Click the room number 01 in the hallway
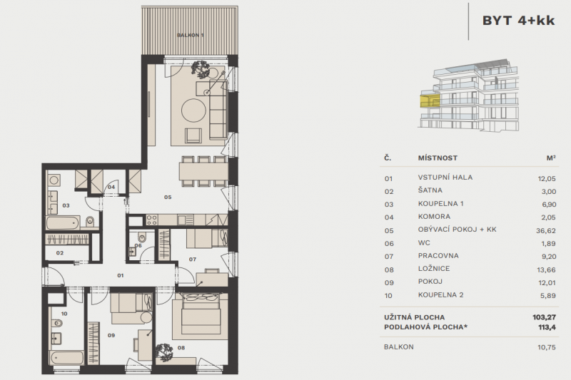point(121,274)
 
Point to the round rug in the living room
point(193,111)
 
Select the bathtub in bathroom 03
point(65,223)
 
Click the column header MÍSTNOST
point(437,158)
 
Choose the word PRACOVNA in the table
point(438,256)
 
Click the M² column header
point(550,158)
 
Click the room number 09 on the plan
point(110,335)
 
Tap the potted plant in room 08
point(165,350)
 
